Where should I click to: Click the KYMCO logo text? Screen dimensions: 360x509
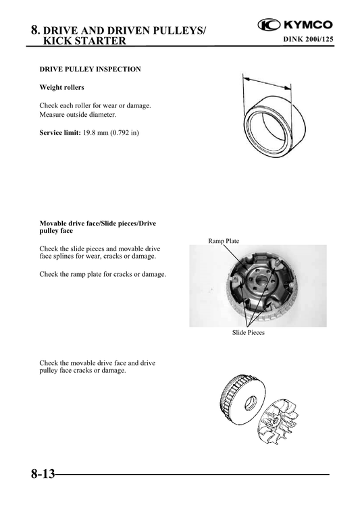click(305, 27)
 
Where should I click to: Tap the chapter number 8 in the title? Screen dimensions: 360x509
click(34, 30)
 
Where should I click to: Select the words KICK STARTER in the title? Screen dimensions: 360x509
click(84, 41)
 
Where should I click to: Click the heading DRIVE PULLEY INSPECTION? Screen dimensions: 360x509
click(91, 70)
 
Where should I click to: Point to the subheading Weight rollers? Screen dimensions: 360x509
click(62, 88)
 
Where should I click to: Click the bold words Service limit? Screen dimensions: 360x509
click(60, 133)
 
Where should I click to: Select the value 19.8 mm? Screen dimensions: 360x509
click(95, 133)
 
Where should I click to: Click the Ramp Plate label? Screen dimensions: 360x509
click(224, 241)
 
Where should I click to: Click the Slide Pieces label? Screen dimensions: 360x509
click(249, 333)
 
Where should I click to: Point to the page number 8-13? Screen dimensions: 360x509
click(42, 474)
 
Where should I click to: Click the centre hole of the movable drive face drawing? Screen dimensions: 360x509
click(251, 403)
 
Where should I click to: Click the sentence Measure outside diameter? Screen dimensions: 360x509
click(78, 115)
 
